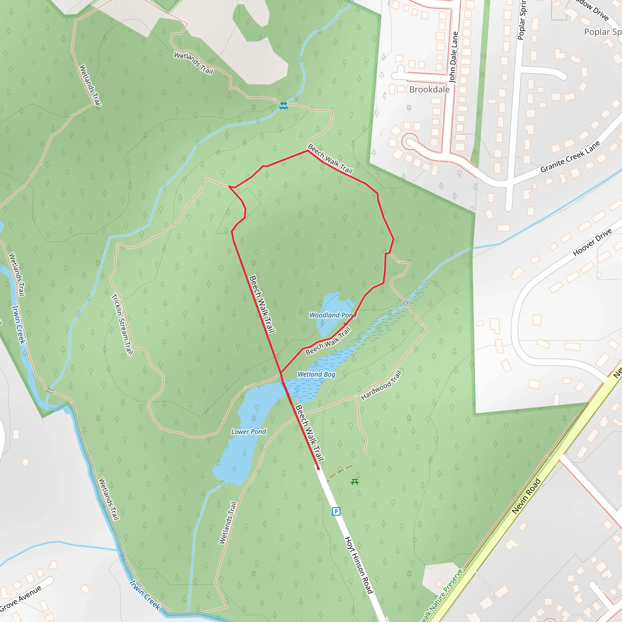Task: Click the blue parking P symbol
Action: [x=336, y=511]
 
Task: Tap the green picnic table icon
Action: [x=354, y=482]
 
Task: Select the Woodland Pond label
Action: [x=333, y=315]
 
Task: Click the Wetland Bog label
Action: [x=316, y=374]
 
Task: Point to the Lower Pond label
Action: [x=248, y=432]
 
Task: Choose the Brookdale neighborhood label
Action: [x=429, y=90]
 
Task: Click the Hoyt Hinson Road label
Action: [x=359, y=565]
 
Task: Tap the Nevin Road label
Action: [x=526, y=496]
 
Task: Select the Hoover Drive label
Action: [x=592, y=242]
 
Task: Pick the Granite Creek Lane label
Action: [x=570, y=157]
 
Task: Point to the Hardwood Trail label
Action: [x=381, y=385]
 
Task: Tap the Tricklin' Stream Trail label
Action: [x=122, y=325]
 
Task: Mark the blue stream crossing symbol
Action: [x=283, y=105]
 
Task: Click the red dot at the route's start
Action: [x=318, y=468]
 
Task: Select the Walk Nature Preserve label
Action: [x=442, y=596]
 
